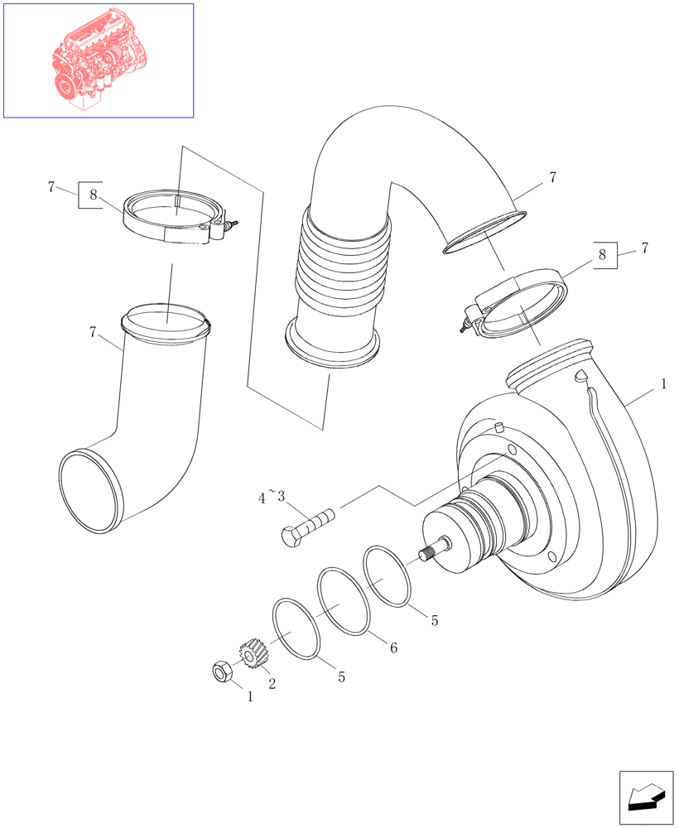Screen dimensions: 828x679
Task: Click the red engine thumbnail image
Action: [98, 60]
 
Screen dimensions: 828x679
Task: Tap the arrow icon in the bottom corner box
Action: [647, 797]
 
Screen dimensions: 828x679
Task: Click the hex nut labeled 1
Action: [221, 672]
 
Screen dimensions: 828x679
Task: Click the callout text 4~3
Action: [271, 498]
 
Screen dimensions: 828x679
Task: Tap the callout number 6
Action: [393, 648]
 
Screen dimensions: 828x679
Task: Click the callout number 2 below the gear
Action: [271, 683]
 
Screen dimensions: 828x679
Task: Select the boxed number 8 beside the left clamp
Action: [92, 195]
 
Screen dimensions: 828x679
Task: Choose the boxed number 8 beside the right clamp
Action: [604, 254]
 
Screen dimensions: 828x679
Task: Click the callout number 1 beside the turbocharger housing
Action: [662, 385]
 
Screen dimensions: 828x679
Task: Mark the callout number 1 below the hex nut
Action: [249, 697]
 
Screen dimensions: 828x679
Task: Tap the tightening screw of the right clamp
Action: [464, 325]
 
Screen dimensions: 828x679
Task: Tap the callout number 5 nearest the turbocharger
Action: [435, 619]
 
